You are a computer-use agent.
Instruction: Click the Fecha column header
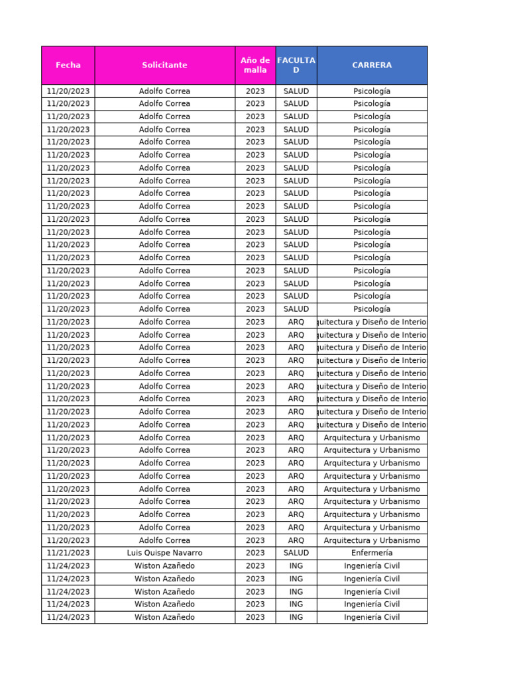tap(68, 65)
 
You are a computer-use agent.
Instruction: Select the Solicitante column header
tap(164, 65)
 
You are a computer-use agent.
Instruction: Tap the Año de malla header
tap(255, 65)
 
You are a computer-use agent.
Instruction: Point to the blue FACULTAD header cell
tap(296, 65)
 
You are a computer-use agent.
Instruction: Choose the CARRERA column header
tap(372, 65)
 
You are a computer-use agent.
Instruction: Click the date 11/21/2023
tap(68, 553)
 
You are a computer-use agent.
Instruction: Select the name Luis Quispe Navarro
tap(164, 553)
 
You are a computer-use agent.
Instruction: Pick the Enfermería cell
tap(372, 553)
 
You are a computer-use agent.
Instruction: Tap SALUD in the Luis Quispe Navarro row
tap(296, 553)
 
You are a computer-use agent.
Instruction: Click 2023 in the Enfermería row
tap(255, 553)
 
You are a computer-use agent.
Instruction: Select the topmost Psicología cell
tap(372, 91)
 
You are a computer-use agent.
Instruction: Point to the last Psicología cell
tap(372, 309)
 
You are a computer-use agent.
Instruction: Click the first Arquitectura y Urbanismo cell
tap(372, 438)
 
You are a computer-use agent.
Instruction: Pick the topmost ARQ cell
tap(296, 322)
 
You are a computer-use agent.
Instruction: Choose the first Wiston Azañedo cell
tap(164, 566)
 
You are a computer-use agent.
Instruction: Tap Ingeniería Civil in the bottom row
tap(372, 617)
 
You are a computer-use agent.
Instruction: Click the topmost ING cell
tap(296, 566)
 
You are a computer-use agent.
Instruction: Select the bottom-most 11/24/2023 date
tap(68, 617)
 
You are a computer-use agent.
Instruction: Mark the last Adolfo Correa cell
tap(164, 540)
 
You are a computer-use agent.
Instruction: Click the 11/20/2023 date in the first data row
tap(68, 91)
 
